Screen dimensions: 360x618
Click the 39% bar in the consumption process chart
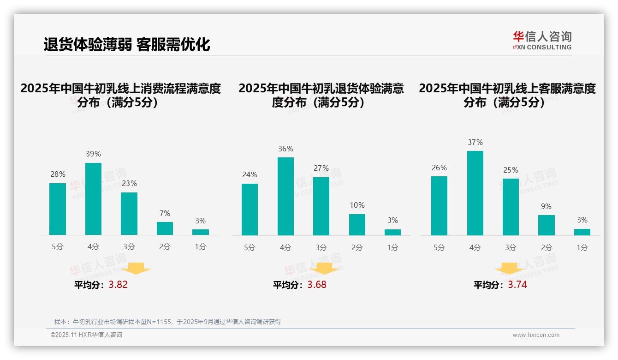click(93, 199)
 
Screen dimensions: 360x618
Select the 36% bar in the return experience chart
click(285, 196)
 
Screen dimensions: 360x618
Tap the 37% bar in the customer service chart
click(475, 193)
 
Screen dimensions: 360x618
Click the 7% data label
click(165, 213)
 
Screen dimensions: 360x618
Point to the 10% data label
click(357, 205)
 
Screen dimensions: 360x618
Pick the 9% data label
click(546, 206)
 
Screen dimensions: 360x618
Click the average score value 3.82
click(118, 285)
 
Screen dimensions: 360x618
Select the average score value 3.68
click(317, 285)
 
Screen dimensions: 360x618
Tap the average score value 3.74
click(517, 285)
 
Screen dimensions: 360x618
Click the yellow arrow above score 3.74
click(509, 269)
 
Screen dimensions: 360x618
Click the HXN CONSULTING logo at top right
click(542, 41)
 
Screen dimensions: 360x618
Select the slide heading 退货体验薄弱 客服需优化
click(127, 44)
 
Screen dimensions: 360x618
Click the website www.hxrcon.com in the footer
click(536, 335)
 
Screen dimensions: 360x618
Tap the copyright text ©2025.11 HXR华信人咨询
click(86, 335)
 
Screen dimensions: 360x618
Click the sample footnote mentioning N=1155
click(167, 322)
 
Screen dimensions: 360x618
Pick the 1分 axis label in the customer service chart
click(582, 247)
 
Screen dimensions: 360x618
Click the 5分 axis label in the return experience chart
click(250, 247)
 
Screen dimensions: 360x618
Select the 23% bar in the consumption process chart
click(129, 214)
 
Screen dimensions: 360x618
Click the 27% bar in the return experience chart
click(321, 206)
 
